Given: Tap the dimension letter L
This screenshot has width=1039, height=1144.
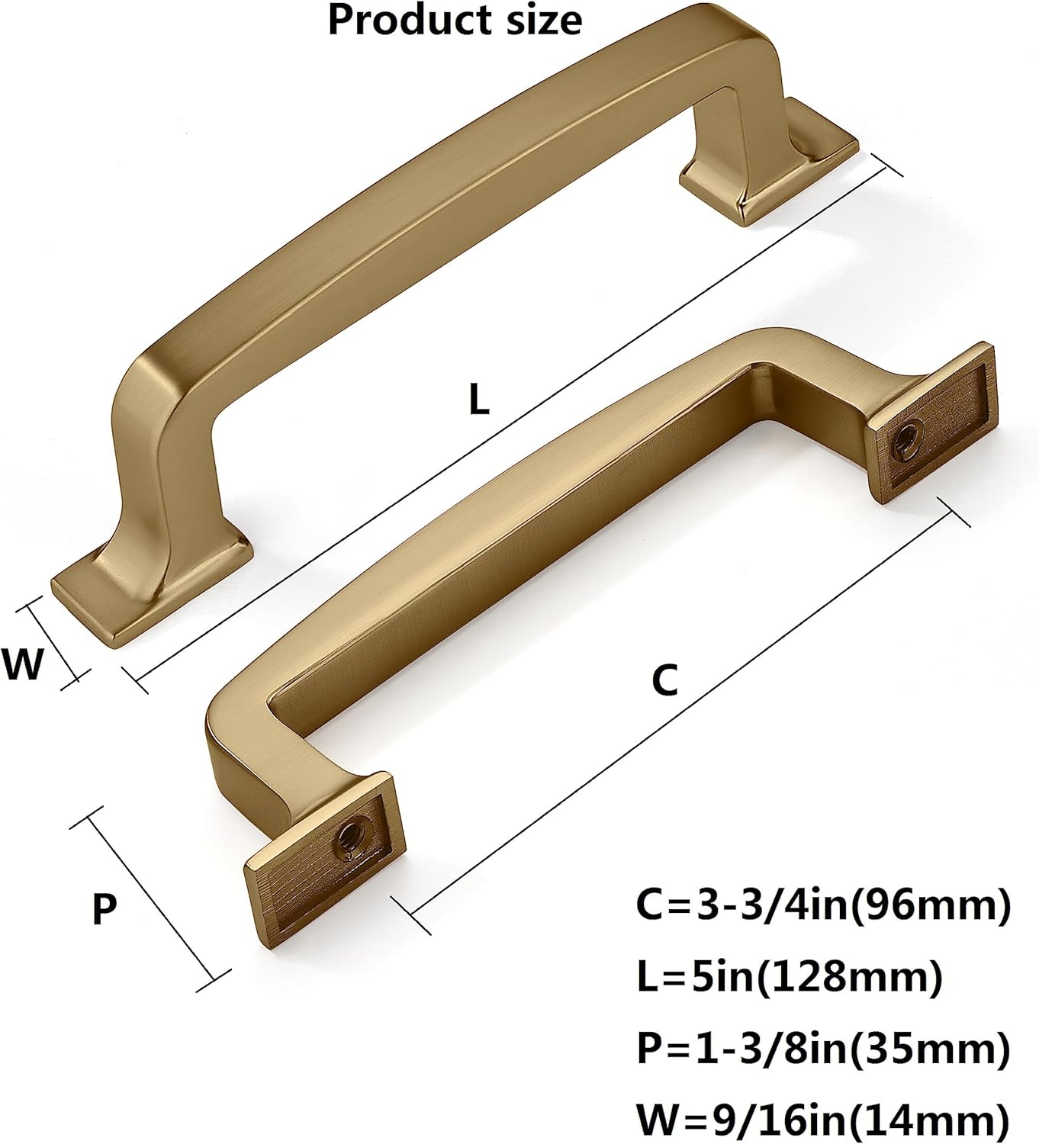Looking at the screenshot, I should [x=478, y=399].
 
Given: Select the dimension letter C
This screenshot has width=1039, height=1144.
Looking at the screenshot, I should [x=664, y=680].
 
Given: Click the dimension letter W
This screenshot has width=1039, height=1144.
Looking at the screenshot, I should [x=23, y=664].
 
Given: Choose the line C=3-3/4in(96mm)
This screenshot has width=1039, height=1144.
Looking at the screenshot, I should [x=823, y=905].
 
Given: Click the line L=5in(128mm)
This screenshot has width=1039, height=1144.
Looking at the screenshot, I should [x=789, y=977].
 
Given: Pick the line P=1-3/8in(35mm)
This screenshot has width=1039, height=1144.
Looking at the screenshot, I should [x=823, y=1049].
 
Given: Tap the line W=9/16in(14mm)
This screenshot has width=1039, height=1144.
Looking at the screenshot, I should [x=823, y=1120].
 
